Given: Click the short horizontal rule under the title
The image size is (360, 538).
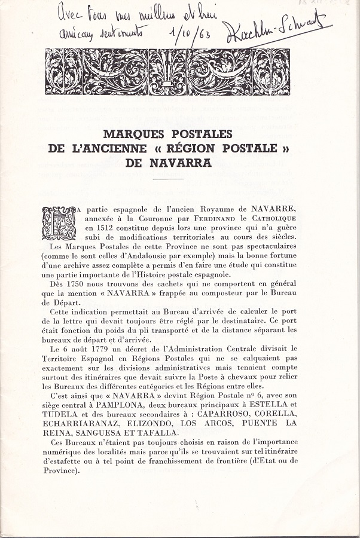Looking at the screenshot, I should click(168, 179).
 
